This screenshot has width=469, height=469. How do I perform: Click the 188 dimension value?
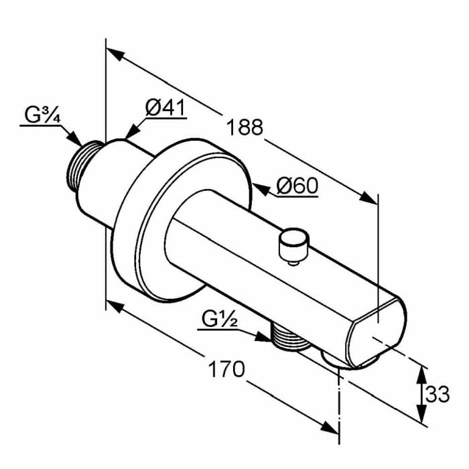pyautogui.click(x=245, y=127)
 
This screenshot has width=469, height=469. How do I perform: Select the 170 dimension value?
pyautogui.click(x=226, y=369)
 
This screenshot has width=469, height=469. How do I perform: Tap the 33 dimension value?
pyautogui.click(x=438, y=394)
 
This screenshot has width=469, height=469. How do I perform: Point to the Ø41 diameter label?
pyautogui.click(x=165, y=108)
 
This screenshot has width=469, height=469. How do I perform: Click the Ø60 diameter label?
pyautogui.click(x=297, y=186)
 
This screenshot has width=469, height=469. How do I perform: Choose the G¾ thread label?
pyautogui.click(x=42, y=115)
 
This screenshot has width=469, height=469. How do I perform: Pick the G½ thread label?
pyautogui.click(x=220, y=319)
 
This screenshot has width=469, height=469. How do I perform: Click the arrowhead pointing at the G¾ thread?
pyautogui.click(x=74, y=138)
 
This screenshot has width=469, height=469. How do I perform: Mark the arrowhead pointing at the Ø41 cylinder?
pyautogui.click(x=133, y=131)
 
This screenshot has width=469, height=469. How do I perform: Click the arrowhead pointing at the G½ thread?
pyautogui.click(x=263, y=336)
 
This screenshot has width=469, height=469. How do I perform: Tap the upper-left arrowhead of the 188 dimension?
pyautogui.click(x=115, y=54)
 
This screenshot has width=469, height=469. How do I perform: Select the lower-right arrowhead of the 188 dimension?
pyautogui.click(x=368, y=198)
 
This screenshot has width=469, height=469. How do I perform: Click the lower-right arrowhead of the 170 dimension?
pyautogui.click(x=330, y=427)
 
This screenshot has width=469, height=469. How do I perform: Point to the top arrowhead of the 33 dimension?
pyautogui.click(x=421, y=375)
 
